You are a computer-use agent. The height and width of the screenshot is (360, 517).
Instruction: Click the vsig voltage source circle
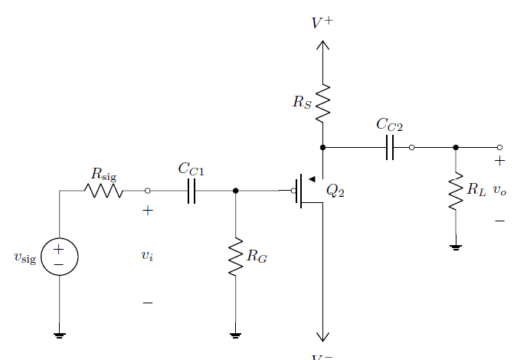click(59, 256)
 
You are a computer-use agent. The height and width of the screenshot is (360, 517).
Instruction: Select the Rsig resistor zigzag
click(104, 191)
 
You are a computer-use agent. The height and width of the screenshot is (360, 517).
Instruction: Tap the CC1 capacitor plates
click(191, 191)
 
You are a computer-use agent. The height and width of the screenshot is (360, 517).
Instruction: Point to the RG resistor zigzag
click(235, 257)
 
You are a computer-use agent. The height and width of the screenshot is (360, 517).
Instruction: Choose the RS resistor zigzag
click(323, 103)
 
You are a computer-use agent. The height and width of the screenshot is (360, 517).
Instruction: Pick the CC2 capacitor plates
click(390, 147)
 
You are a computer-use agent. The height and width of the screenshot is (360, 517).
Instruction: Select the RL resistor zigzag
click(456, 191)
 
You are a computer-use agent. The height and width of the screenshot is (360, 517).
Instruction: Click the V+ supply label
click(322, 23)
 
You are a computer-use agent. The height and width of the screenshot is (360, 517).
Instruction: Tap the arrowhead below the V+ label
click(323, 44)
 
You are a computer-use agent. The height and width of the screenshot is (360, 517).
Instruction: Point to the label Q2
click(335, 191)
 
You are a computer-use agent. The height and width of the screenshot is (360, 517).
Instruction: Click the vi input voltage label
click(147, 256)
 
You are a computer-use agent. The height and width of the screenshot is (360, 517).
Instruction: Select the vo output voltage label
click(499, 190)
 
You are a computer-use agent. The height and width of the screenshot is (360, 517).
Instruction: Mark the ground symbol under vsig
click(59, 335)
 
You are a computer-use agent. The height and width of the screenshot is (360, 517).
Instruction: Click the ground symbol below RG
click(235, 335)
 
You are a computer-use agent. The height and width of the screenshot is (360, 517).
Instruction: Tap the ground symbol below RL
click(456, 247)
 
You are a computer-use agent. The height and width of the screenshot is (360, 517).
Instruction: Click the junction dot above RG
click(235, 191)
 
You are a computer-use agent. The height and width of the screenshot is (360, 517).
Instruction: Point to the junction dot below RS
click(323, 147)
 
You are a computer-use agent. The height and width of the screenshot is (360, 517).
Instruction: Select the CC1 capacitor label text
click(191, 169)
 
